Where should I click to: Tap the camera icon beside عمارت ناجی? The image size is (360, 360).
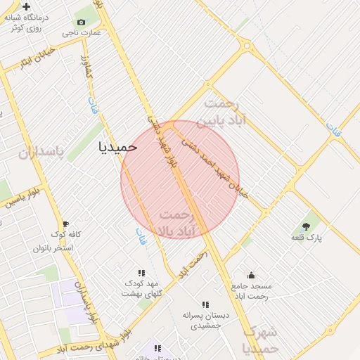coord(82,22)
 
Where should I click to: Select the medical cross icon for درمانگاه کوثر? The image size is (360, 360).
coord(26,6)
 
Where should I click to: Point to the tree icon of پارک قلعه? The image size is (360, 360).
coord(306,226)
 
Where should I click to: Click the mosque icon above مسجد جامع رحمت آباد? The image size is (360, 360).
coord(251,275)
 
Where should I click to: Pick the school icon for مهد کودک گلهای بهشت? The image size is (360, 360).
coord(141,272)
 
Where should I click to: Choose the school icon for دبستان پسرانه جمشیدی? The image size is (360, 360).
coord(205,304)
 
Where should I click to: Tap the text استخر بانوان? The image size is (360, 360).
coord(53,248)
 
